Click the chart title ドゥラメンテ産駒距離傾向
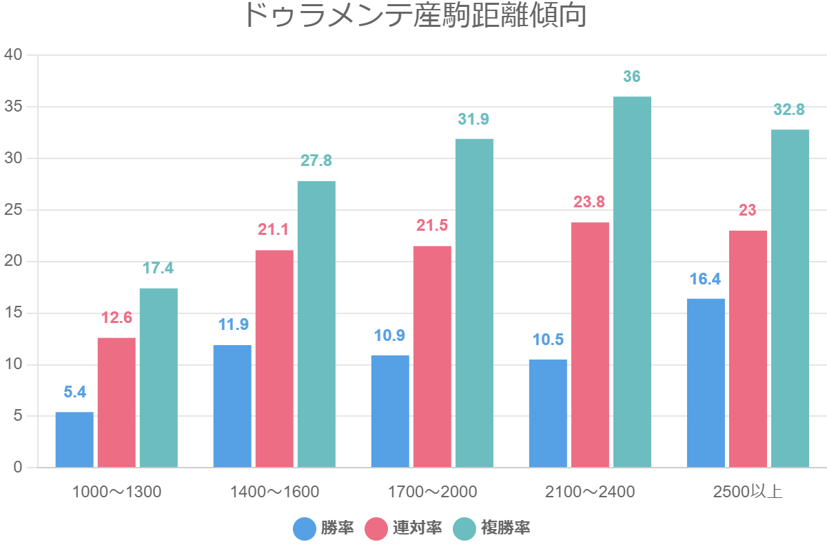point(415,16)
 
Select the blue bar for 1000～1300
point(74,439)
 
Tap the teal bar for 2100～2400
point(632,282)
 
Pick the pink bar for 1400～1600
point(274,358)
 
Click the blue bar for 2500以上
point(706,383)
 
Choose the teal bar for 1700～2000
point(474,303)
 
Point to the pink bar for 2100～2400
point(590,344)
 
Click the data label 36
point(632,76)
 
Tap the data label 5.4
point(74,392)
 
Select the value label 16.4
point(706,279)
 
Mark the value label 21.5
point(432,226)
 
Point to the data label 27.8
point(316,161)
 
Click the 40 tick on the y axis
point(14,55)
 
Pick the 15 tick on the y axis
point(14,313)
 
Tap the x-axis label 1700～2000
point(432,492)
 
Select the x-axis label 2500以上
point(748,492)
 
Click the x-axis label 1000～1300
point(116,492)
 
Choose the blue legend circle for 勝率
point(305,529)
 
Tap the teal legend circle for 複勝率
point(464,529)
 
